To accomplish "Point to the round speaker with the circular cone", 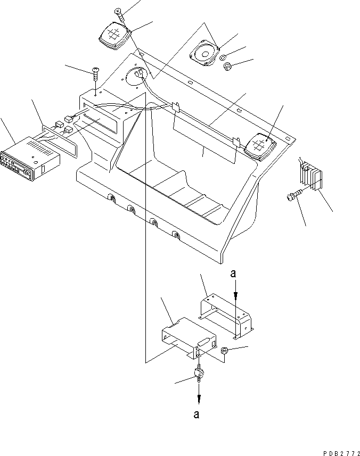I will pyautogui.click(x=204, y=54).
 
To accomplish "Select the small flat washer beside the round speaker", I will pyautogui.click(x=225, y=57).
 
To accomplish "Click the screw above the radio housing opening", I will pyautogui.click(x=95, y=73).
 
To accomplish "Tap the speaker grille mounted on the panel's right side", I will pyautogui.click(x=260, y=145).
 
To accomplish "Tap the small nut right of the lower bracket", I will pyautogui.click(x=225, y=351).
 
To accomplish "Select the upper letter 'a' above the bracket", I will pyautogui.click(x=233, y=274).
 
